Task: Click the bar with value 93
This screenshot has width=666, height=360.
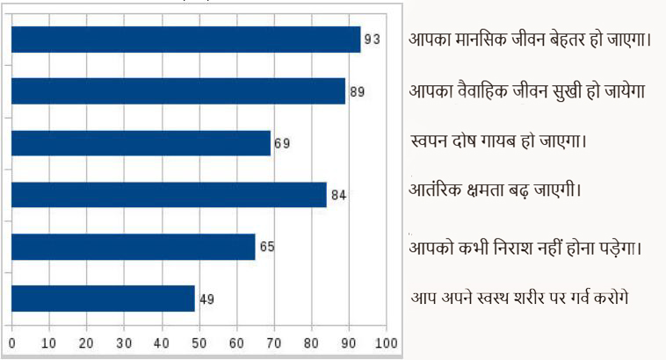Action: click(x=185, y=40)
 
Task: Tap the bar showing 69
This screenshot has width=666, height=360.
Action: click(x=141, y=142)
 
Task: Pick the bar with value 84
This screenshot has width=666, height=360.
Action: click(x=168, y=194)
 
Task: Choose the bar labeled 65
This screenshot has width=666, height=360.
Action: click(x=133, y=247)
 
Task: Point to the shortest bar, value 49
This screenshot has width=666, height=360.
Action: click(x=103, y=299)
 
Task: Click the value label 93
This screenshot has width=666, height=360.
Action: click(x=373, y=40)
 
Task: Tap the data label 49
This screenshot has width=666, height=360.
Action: click(x=207, y=299)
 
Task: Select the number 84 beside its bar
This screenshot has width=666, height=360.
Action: click(x=338, y=195)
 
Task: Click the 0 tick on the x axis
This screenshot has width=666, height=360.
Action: click(x=11, y=343)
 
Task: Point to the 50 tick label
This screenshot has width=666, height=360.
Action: click(x=199, y=343)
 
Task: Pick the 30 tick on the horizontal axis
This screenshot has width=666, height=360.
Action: click(x=124, y=343)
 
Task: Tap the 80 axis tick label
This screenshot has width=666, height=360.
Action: click(x=311, y=343)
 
